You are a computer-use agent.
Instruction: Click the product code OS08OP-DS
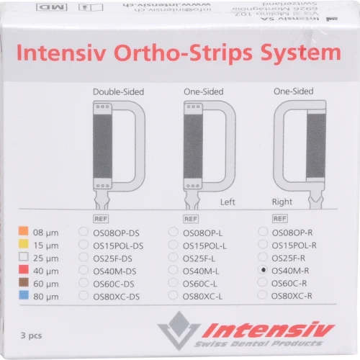(x=118, y=232)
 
